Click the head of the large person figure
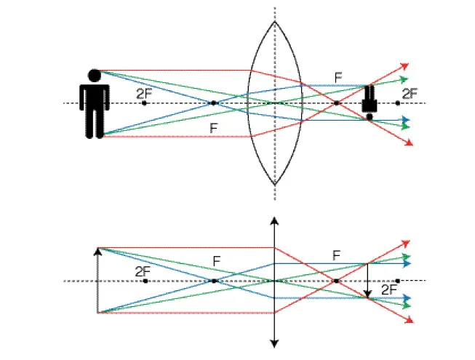tap(94, 74)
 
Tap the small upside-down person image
tap(370, 102)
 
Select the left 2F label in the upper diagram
tap(144, 93)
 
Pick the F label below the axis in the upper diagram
tap(213, 128)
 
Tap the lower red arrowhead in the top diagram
tap(404, 143)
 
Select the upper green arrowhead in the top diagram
tap(405, 79)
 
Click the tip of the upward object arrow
tap(97, 250)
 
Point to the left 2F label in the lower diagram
tap(143, 271)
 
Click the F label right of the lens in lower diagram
tap(336, 255)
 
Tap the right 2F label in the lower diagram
tap(390, 289)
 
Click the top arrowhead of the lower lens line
tap(274, 220)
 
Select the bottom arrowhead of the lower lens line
tap(274, 343)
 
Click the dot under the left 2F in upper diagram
tap(144, 103)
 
